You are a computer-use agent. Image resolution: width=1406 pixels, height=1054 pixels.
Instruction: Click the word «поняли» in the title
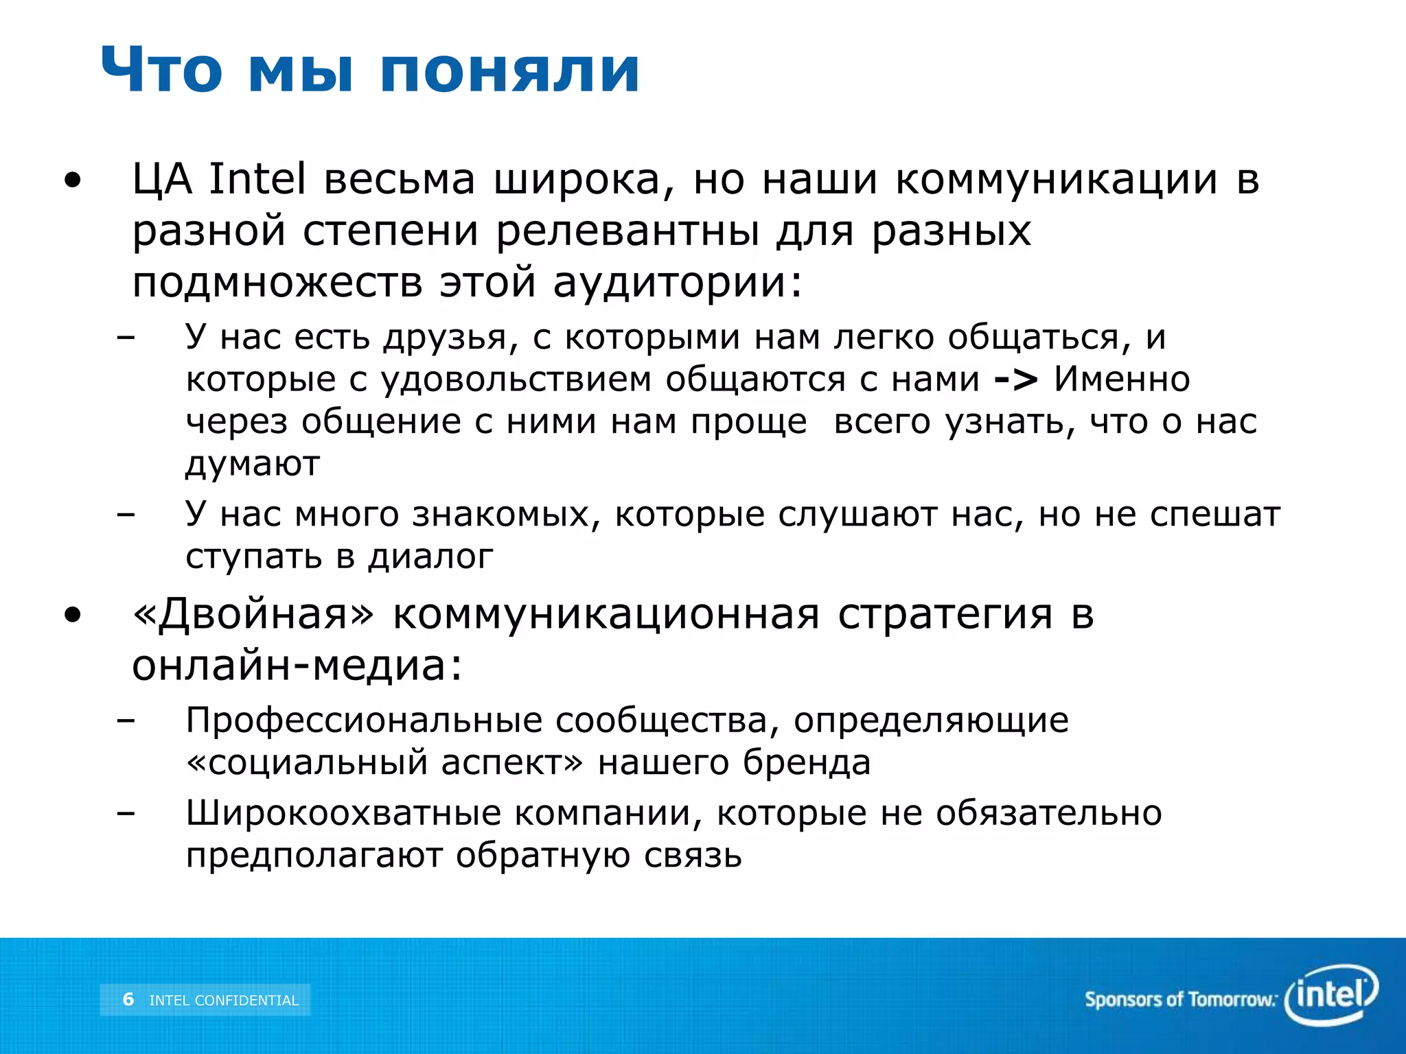(x=509, y=71)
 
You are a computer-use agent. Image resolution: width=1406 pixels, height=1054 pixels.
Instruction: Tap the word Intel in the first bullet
(x=257, y=180)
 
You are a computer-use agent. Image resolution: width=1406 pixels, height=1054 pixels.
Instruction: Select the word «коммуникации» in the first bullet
(x=1057, y=180)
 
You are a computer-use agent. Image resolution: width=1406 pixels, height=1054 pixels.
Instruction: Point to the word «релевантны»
(x=627, y=231)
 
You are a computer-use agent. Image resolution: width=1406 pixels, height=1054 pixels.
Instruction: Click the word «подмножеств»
(x=277, y=283)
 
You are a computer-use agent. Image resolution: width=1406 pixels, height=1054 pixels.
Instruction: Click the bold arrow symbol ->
(x=1016, y=379)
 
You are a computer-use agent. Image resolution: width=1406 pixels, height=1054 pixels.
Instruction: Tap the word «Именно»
(x=1122, y=379)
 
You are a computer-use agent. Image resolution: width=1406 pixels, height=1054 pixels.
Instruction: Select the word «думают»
(x=253, y=465)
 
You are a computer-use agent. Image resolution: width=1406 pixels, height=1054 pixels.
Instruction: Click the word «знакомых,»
(x=506, y=514)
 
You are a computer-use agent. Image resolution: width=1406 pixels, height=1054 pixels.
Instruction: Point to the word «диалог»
(x=430, y=557)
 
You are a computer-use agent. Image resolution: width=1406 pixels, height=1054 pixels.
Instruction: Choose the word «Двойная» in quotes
(x=253, y=613)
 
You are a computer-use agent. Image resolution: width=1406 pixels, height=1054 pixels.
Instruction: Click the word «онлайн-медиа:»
(x=297, y=665)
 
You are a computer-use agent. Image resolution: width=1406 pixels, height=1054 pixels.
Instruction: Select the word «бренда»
(x=807, y=762)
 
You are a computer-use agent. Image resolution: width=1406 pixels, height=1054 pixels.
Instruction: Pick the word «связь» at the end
(x=693, y=856)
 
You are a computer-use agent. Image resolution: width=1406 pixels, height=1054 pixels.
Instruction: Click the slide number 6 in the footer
(x=128, y=999)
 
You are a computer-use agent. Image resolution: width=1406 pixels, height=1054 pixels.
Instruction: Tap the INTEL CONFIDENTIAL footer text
(x=224, y=1000)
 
